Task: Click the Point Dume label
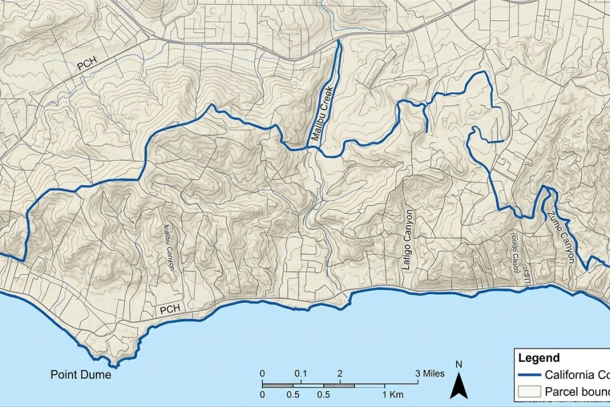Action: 81,375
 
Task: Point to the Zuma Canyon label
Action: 561,237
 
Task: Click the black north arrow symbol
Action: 459,385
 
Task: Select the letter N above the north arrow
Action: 459,366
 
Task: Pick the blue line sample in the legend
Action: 529,375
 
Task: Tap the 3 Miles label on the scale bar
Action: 430,373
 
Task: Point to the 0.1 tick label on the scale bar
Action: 300,373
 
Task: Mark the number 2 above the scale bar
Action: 340,373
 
